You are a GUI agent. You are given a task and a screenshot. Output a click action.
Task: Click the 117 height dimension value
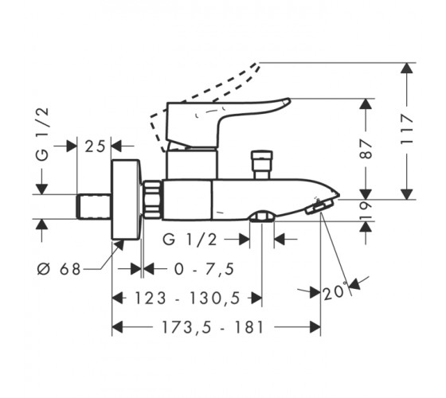407,129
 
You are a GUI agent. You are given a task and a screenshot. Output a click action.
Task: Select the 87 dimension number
366,149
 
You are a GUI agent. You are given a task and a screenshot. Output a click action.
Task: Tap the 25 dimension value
95,146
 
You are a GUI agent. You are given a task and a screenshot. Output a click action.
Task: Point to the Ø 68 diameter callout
59,269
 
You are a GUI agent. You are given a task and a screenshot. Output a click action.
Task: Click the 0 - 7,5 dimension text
204,269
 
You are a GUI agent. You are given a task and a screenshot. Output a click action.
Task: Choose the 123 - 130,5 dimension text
187,298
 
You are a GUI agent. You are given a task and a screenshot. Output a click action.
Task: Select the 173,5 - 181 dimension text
213,327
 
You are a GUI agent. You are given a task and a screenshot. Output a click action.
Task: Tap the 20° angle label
334,291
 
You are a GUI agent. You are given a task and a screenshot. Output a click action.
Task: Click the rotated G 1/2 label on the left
43,135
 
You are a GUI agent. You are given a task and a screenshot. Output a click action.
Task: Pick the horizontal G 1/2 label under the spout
190,240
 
